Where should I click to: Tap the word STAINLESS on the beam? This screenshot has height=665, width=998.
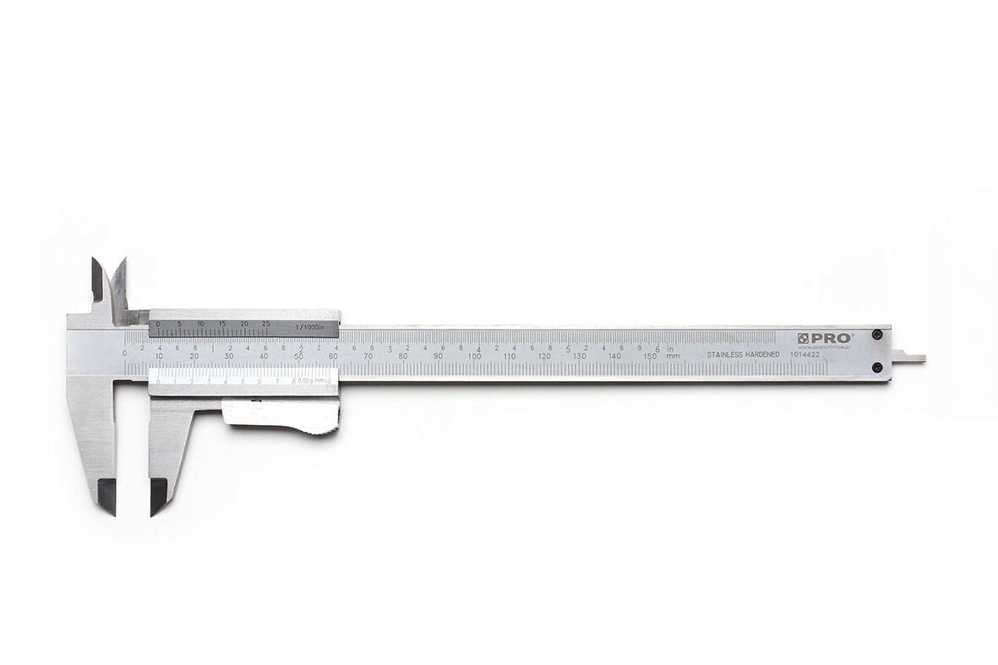[728, 355]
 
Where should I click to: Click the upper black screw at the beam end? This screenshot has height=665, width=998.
[877, 335]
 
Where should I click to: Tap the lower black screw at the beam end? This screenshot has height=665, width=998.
[877, 367]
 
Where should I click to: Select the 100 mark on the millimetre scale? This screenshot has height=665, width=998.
[474, 357]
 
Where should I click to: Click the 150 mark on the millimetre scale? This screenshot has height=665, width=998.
[649, 357]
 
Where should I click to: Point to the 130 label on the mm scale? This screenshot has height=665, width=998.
[579, 357]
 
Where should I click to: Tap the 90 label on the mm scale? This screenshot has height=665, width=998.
[438, 357]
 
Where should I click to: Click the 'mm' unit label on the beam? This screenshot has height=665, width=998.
[673, 357]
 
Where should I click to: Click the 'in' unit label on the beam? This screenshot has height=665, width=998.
[669, 347]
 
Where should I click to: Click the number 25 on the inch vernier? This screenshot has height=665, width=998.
[265, 324]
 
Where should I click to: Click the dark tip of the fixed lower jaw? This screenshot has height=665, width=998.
[106, 495]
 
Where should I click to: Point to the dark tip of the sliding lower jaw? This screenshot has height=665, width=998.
[158, 495]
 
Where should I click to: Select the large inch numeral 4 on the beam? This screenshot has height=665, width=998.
[479, 349]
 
